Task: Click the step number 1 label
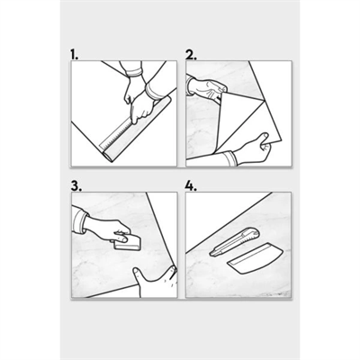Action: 75,55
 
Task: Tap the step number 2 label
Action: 191,55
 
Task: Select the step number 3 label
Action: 76,186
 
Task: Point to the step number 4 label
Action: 191,186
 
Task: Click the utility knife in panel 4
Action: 234,242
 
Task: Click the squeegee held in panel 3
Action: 128,242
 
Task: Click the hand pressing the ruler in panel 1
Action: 141,106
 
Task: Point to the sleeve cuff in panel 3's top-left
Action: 79,218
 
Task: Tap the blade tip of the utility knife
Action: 211,255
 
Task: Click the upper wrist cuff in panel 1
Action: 134,72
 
